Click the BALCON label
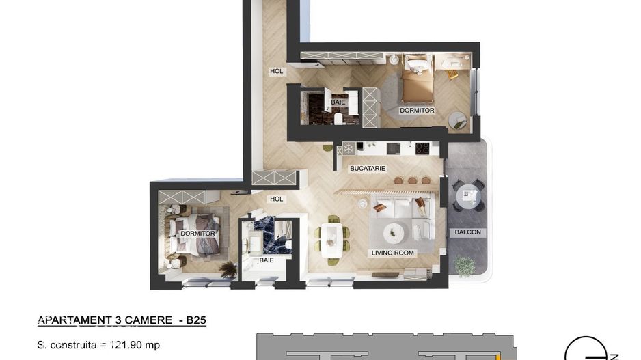click(467, 232)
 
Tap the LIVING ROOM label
click(393, 253)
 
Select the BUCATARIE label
click(368, 168)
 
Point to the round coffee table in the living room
click(393, 232)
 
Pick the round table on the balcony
click(468, 196)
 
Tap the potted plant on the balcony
click(464, 265)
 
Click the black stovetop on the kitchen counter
click(422, 148)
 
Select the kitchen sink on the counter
click(394, 148)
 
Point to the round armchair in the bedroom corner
click(458, 120)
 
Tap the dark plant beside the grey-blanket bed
click(229, 271)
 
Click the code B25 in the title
click(195, 320)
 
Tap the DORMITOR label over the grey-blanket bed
click(198, 234)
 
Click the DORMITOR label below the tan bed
click(417, 110)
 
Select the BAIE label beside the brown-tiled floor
click(338, 102)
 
